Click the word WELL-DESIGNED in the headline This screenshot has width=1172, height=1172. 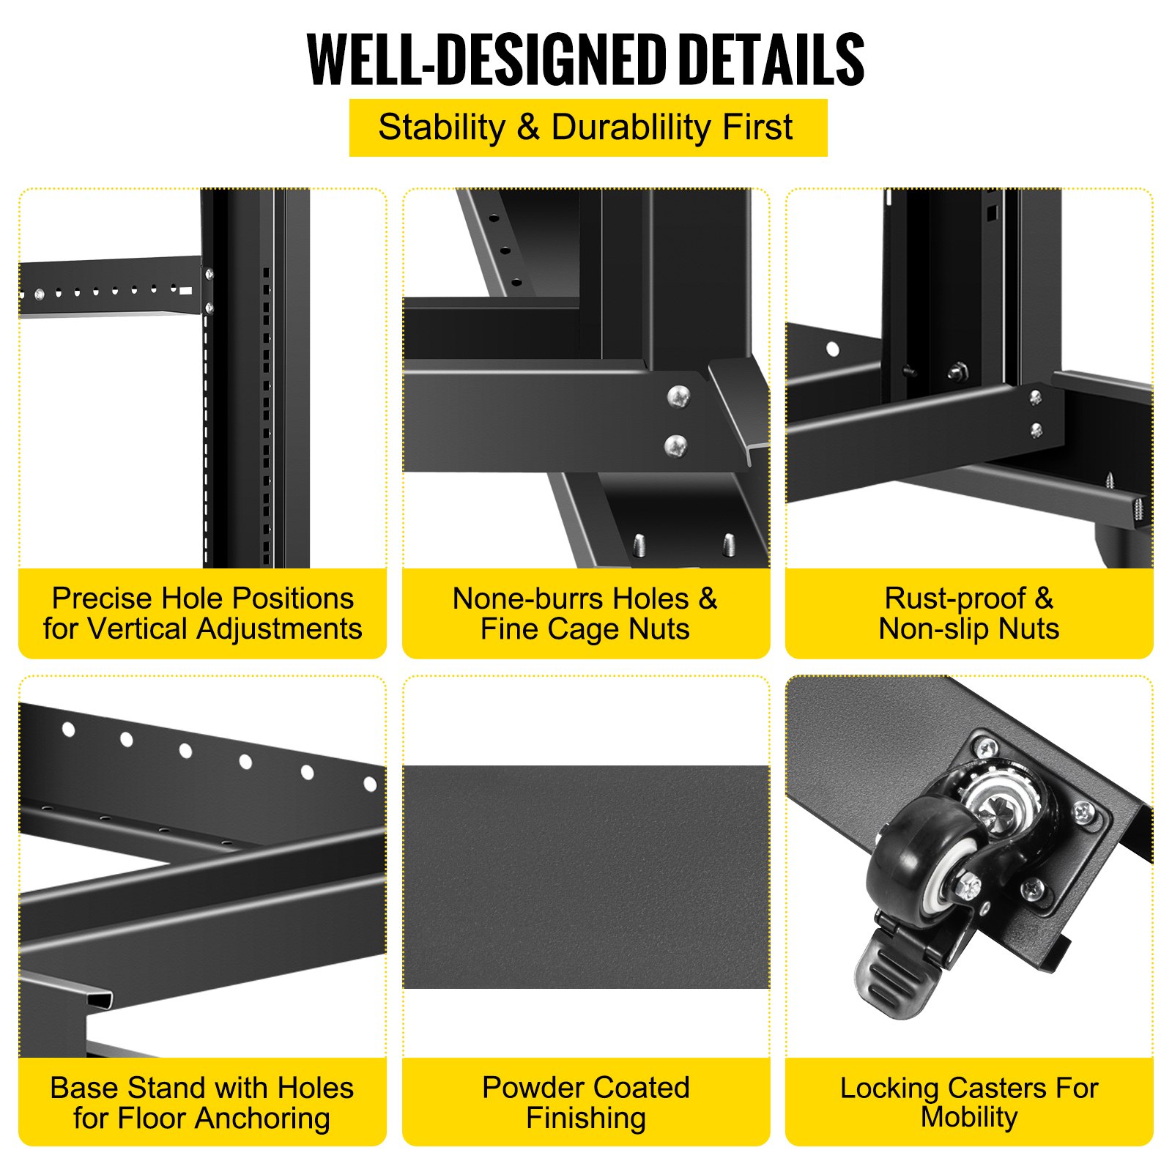[486, 60]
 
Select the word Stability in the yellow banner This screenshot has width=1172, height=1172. [442, 127]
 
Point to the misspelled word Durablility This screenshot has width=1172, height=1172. [631, 127]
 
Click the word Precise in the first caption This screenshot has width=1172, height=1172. [102, 598]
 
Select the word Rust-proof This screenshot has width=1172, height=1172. [955, 599]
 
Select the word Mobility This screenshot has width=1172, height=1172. [969, 1118]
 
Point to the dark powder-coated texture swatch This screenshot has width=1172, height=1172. [586, 877]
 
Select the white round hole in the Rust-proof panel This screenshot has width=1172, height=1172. [833, 349]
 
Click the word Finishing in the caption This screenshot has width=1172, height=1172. [586, 1119]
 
